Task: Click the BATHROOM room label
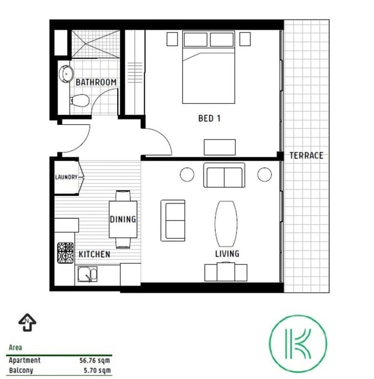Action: pyautogui.click(x=96, y=82)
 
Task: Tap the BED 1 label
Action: pyautogui.click(x=209, y=118)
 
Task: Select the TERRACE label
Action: pyautogui.click(x=306, y=156)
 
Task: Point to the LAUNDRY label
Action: pyautogui.click(x=66, y=177)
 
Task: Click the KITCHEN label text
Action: pyautogui.click(x=95, y=254)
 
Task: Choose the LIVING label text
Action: pyautogui.click(x=227, y=254)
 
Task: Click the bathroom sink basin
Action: pyautogui.click(x=66, y=73)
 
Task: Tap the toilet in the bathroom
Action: pyautogui.click(x=80, y=100)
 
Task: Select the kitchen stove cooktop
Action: pyautogui.click(x=65, y=253)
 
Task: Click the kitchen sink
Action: pyautogui.click(x=88, y=274)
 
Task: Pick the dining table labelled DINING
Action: pyautogui.click(x=123, y=219)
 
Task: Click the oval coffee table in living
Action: pyautogui.click(x=226, y=224)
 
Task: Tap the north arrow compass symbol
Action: pyautogui.click(x=27, y=322)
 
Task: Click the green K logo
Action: pyautogui.click(x=298, y=343)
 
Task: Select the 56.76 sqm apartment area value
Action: pyautogui.click(x=95, y=360)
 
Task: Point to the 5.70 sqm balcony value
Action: pyautogui.click(x=97, y=370)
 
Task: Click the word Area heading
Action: pyautogui.click(x=15, y=348)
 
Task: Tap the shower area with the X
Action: pyautogui.click(x=96, y=44)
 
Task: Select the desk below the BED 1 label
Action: pyautogui.click(x=219, y=147)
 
